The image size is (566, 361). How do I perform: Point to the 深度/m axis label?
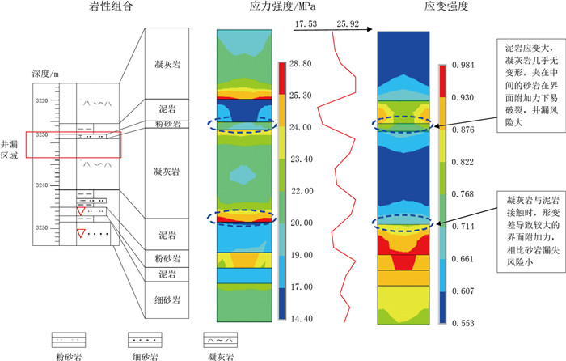pos(44,74)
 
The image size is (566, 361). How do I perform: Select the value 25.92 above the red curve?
pos(348,25)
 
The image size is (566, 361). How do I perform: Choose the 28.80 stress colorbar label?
pos(301,62)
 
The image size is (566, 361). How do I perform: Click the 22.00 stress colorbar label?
pos(301,191)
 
